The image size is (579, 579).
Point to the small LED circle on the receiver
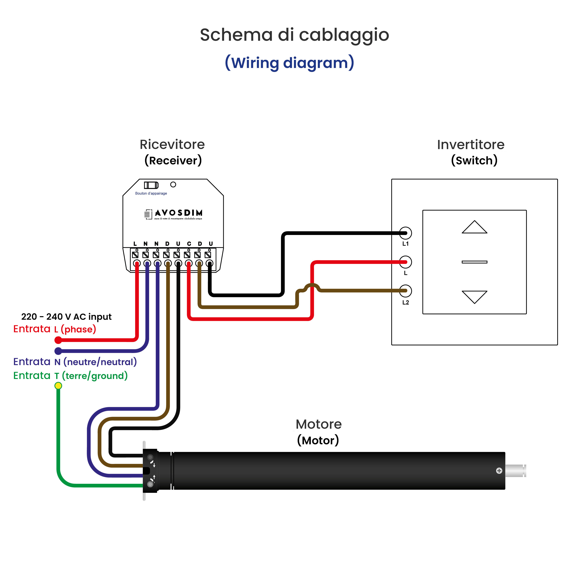click(x=173, y=185)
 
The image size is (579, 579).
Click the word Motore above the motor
click(x=319, y=424)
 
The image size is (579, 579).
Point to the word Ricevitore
click(x=172, y=145)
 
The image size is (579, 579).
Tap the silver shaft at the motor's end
click(x=515, y=471)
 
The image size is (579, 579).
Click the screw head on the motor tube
click(x=499, y=471)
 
